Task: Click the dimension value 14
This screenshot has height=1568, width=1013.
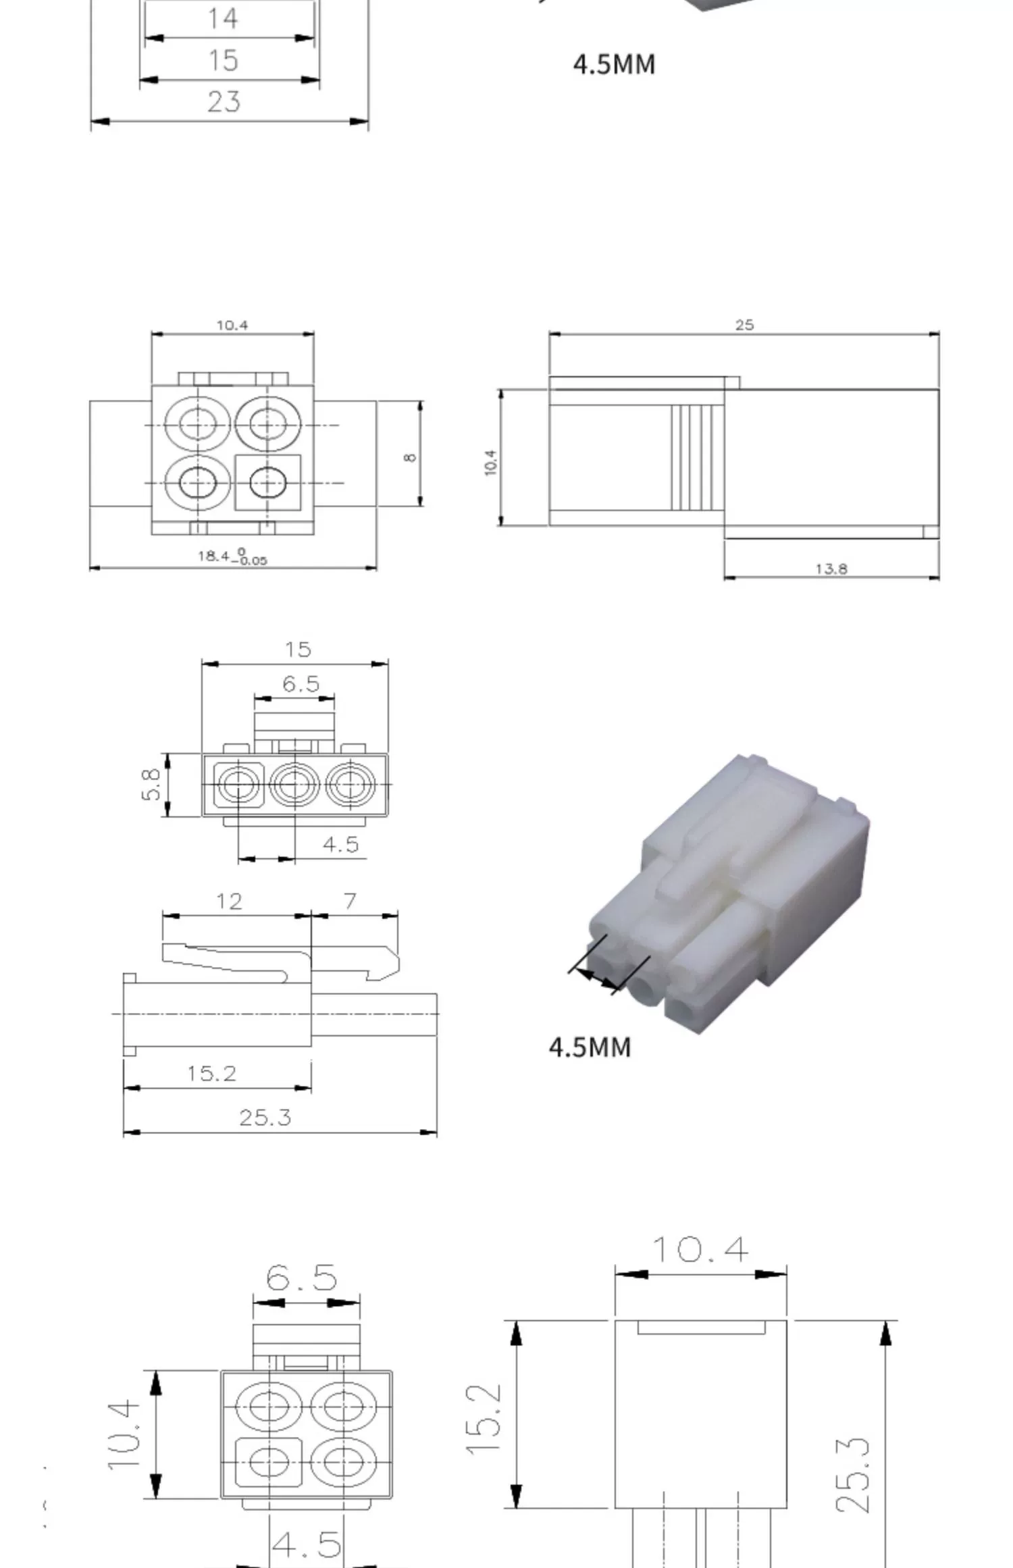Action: click(223, 18)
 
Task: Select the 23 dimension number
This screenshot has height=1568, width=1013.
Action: click(224, 102)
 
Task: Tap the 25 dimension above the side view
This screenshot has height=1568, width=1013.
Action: click(744, 325)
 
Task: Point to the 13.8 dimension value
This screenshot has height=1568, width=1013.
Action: click(831, 569)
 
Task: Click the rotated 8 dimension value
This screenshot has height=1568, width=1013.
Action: click(410, 457)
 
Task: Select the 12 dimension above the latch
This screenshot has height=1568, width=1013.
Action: click(229, 901)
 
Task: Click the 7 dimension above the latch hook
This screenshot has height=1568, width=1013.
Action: click(350, 901)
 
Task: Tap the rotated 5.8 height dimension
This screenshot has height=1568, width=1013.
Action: click(151, 784)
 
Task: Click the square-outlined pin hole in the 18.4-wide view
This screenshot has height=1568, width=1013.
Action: click(268, 483)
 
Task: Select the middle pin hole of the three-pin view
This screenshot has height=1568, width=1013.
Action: click(294, 785)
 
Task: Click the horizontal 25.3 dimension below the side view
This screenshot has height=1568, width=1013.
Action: click(265, 1118)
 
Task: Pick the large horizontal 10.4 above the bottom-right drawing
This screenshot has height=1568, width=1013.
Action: click(700, 1250)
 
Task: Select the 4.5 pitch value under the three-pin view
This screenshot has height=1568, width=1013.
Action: click(340, 844)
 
